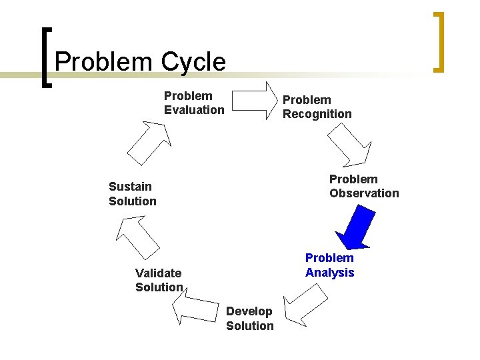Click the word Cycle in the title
point(193,62)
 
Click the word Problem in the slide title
point(104,62)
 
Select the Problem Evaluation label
point(194,103)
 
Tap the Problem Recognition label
point(317,107)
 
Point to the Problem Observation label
point(364,186)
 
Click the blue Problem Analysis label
point(329,265)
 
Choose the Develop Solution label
point(249,319)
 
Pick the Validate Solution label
point(159,280)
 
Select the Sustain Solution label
point(132,193)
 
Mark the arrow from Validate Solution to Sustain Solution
point(137,237)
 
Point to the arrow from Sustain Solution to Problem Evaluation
point(150,141)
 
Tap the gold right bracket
point(438,41)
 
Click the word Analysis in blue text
point(329,272)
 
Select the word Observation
point(364,193)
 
